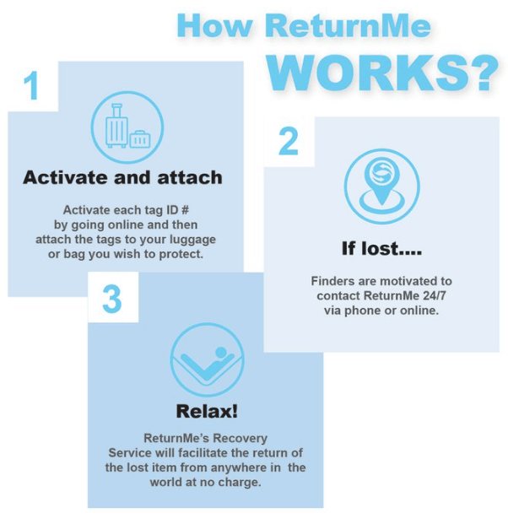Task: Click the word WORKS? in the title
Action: [x=387, y=73]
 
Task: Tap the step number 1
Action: [x=31, y=86]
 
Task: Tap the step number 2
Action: [x=289, y=142]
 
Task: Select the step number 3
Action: [x=112, y=299]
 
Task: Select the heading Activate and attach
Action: [x=122, y=177]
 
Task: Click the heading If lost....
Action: [x=381, y=249]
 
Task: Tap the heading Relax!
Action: [x=207, y=412]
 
